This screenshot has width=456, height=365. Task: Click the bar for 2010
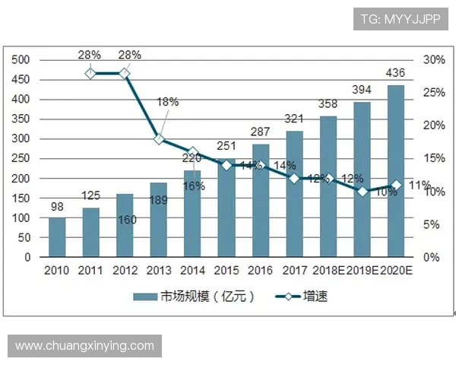point(57,237)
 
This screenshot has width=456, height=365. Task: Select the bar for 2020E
point(396,171)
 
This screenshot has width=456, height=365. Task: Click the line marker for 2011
point(90,73)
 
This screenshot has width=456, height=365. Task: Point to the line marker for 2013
point(158,139)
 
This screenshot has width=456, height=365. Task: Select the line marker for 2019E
point(363,192)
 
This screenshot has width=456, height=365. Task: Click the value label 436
point(396,74)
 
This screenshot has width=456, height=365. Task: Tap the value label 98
point(57,207)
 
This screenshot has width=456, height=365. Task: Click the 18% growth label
point(168,101)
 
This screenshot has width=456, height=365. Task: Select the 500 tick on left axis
point(21,60)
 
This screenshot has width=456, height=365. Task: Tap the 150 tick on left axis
point(21,198)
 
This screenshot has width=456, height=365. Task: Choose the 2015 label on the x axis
point(226,270)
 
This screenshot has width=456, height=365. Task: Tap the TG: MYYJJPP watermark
point(401,17)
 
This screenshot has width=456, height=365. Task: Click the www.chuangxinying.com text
point(84,346)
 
